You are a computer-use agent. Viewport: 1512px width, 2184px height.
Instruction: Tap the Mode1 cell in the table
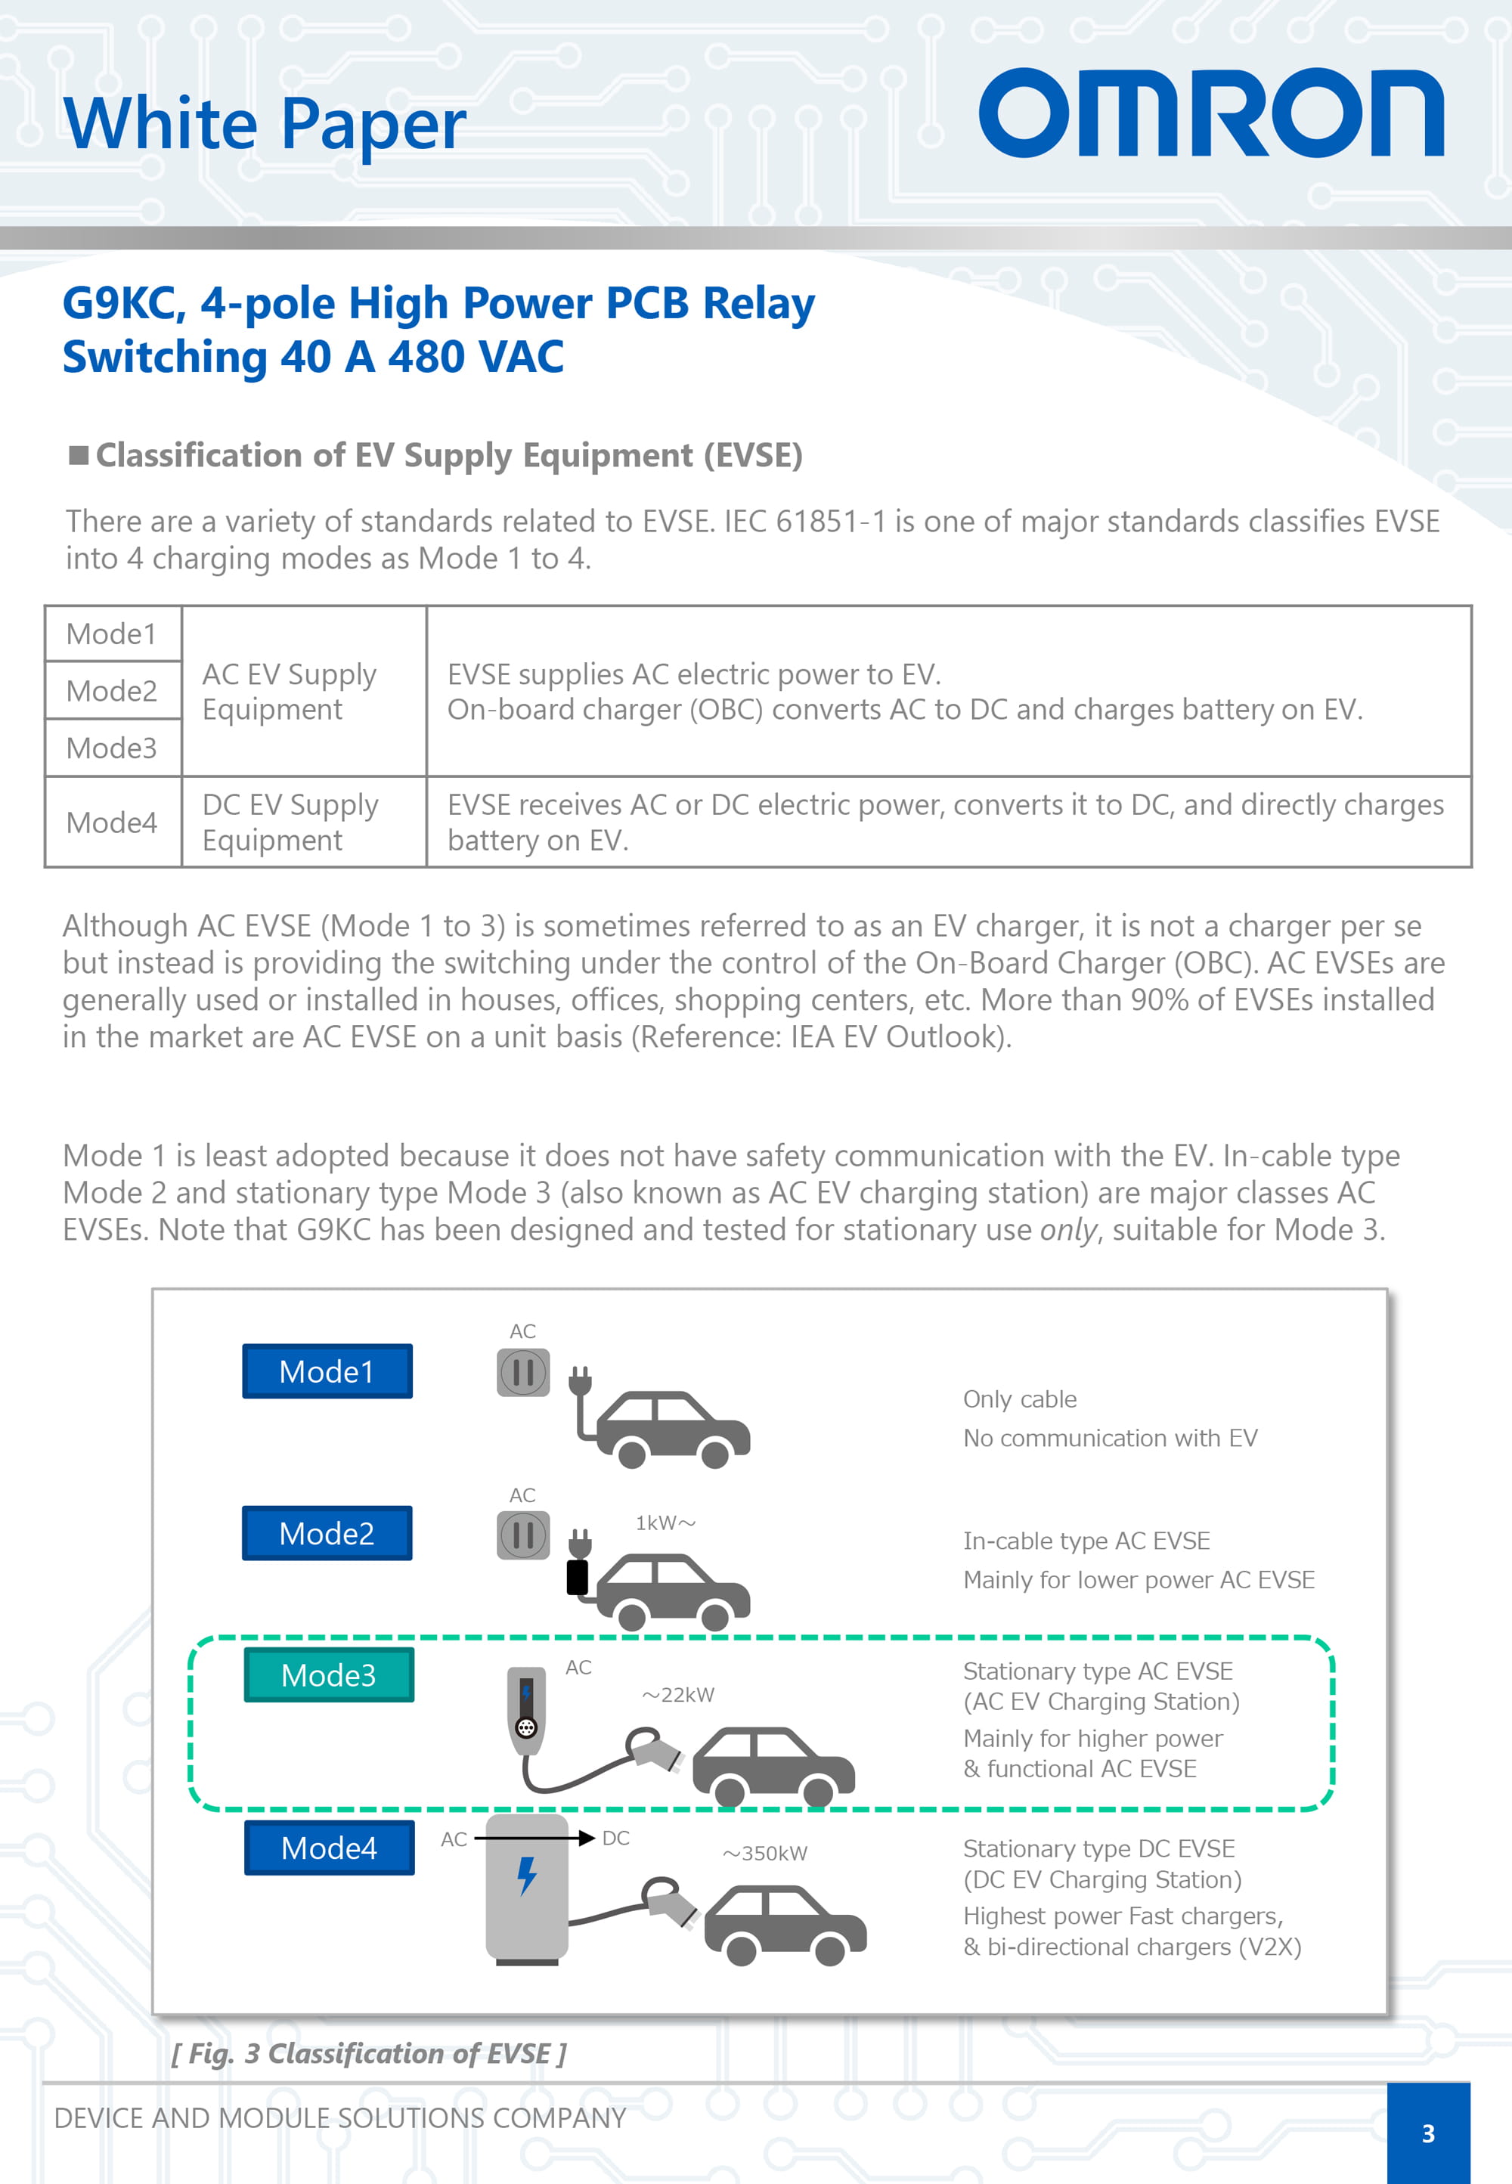112,634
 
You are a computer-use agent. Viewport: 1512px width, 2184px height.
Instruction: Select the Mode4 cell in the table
112,822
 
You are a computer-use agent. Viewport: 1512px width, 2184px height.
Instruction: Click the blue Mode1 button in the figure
327,1371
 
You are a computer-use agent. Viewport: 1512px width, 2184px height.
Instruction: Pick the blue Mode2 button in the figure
327,1533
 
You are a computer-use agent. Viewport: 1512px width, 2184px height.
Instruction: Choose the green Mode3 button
329,1675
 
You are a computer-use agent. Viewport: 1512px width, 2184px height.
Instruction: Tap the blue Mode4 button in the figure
329,1848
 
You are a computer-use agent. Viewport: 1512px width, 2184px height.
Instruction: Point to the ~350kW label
766,1854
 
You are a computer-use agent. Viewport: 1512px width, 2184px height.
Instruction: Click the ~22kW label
678,1696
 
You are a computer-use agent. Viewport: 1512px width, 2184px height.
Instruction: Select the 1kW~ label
665,1523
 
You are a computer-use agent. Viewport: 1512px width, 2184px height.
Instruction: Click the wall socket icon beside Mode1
523,1372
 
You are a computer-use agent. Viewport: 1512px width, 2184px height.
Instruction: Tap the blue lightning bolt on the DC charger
527,1876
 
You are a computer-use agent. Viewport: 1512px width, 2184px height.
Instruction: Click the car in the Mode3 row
773,1764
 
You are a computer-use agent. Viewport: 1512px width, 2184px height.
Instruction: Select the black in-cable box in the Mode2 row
577,1577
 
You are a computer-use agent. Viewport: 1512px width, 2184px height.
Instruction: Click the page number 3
1427,2134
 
